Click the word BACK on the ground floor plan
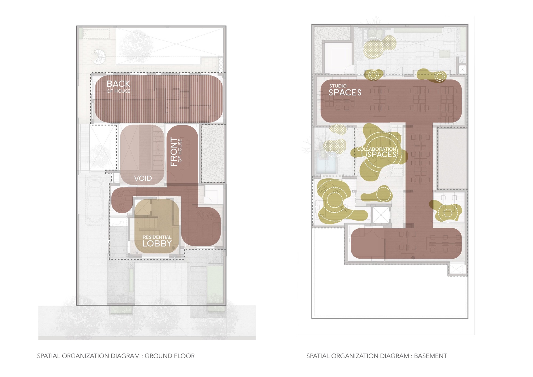coord(118,84)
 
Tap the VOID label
coord(143,178)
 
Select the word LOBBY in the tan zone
coord(157,243)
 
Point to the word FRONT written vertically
coord(173,152)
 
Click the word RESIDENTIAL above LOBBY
coord(157,237)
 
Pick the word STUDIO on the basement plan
coord(338,86)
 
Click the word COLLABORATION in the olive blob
coord(376,149)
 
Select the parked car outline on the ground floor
coord(95,198)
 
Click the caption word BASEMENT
coord(430,356)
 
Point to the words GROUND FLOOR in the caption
coord(170,356)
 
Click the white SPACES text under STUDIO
coord(345,93)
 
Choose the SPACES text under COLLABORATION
coord(382,155)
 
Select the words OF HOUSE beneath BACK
coord(118,91)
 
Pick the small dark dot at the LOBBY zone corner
coord(173,248)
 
